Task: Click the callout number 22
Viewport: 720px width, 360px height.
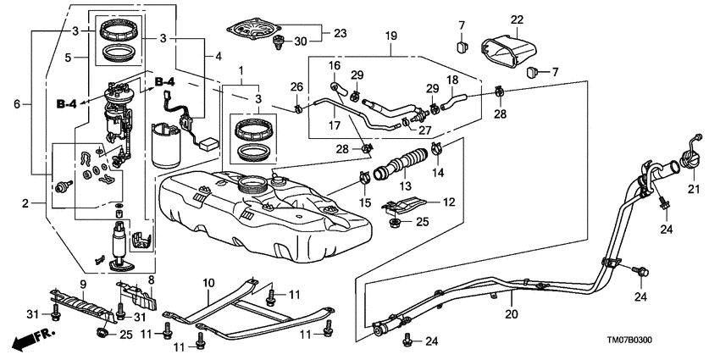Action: click(x=517, y=19)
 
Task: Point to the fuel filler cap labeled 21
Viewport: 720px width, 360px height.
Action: click(x=684, y=160)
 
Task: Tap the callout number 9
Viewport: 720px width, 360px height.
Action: click(x=83, y=283)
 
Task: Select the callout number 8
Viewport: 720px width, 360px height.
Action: click(x=150, y=280)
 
